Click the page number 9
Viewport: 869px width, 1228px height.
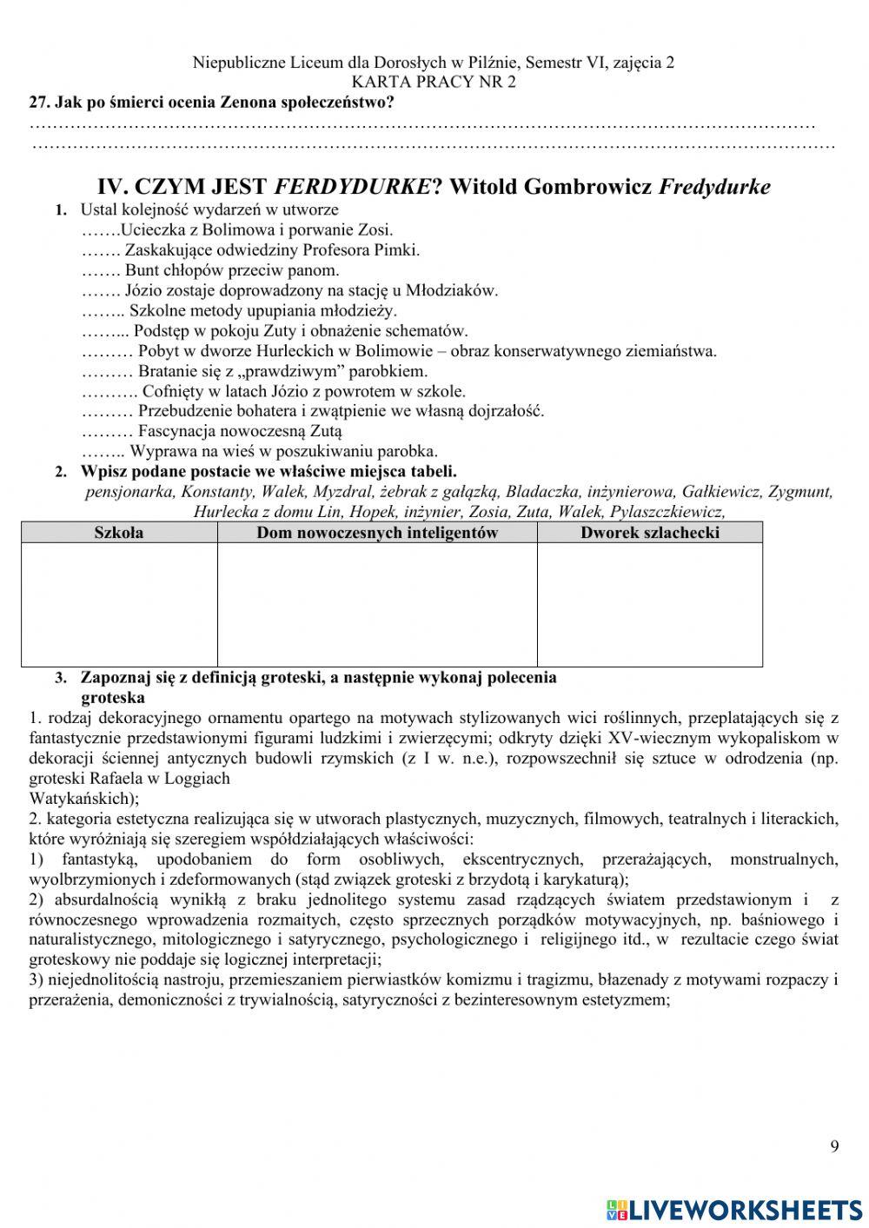pyautogui.click(x=834, y=1146)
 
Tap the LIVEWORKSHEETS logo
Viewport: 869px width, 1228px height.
pyautogui.click(x=733, y=1209)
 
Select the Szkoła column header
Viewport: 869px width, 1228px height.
pyautogui.click(x=119, y=533)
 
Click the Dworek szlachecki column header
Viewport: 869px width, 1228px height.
pyautogui.click(x=649, y=533)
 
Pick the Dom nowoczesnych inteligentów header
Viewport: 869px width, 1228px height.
pyautogui.click(x=376, y=533)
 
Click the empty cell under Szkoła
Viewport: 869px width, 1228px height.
pyautogui.click(x=119, y=604)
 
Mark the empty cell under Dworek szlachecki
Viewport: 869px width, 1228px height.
pyautogui.click(x=649, y=604)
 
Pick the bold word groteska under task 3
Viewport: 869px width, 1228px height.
pyautogui.click(x=113, y=697)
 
